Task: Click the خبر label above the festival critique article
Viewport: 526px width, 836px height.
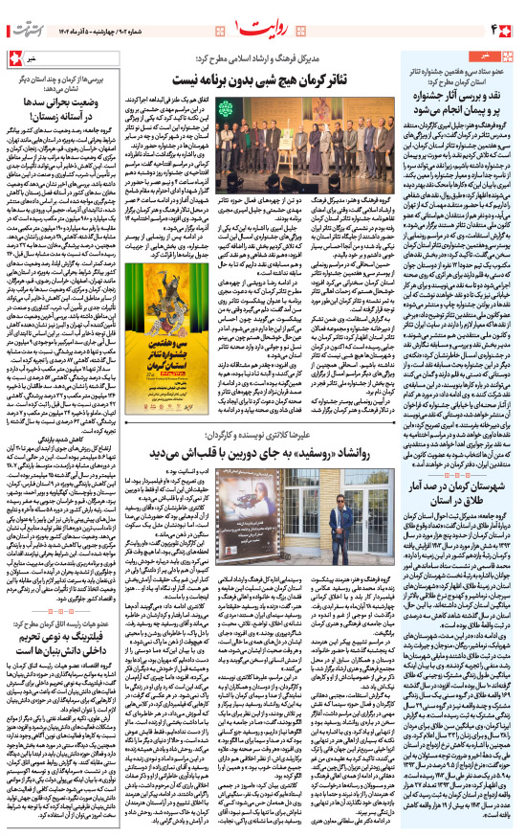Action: [496, 56]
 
